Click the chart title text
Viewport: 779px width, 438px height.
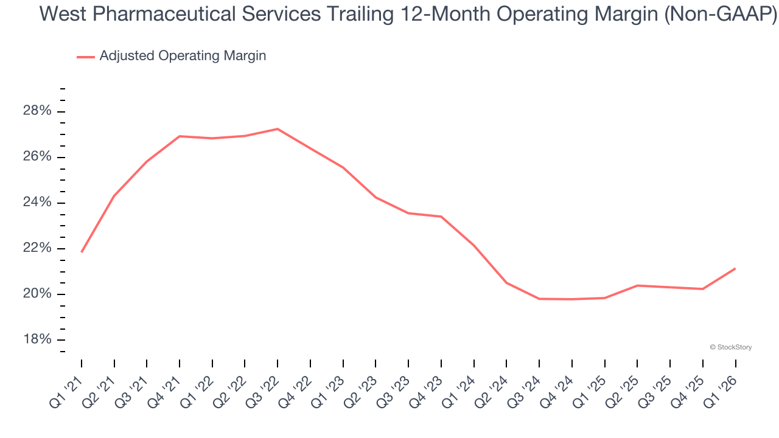click(408, 14)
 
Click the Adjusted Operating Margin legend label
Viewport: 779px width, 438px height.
click(183, 56)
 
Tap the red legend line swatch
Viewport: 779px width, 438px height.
click(86, 57)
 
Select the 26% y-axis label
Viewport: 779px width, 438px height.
click(37, 157)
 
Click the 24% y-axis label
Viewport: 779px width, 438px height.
click(37, 203)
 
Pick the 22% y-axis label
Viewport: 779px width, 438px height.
click(37, 248)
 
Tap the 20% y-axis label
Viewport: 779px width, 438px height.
click(37, 294)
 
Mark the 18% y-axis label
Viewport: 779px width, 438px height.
click(37, 339)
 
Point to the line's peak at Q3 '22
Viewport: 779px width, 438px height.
click(278, 129)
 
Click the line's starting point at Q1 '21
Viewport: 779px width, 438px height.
click(82, 252)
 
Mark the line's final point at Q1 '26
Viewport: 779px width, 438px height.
click(735, 268)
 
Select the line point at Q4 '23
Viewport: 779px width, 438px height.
click(441, 217)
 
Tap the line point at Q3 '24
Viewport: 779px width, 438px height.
click(539, 299)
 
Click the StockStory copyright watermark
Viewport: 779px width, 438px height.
click(730, 347)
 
